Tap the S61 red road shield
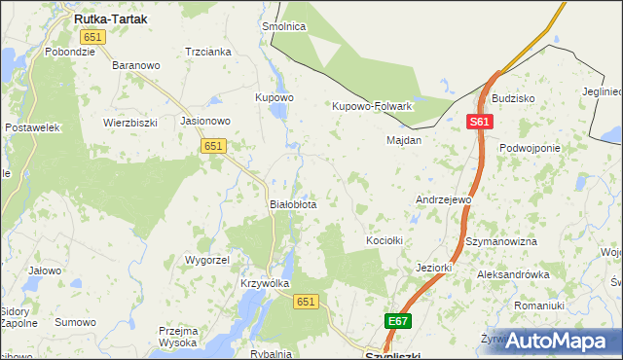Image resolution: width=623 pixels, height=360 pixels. [480, 122]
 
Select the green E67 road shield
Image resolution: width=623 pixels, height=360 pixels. [398, 321]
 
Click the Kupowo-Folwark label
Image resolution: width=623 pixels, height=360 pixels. [373, 106]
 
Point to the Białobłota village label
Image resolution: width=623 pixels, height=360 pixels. [292, 205]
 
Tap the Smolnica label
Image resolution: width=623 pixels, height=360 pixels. [284, 27]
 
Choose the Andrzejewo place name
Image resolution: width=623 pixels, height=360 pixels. [443, 199]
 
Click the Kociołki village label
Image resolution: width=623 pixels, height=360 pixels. [384, 239]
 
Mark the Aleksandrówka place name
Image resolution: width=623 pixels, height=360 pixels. [513, 275]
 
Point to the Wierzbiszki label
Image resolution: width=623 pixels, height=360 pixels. [130, 124]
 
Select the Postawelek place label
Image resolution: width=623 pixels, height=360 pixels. [33, 127]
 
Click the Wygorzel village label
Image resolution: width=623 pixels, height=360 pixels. [206, 261]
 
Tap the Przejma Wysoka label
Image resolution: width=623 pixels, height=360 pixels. [179, 337]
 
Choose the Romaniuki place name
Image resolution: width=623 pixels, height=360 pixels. [539, 306]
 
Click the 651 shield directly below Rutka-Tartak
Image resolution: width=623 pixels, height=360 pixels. [93, 37]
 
